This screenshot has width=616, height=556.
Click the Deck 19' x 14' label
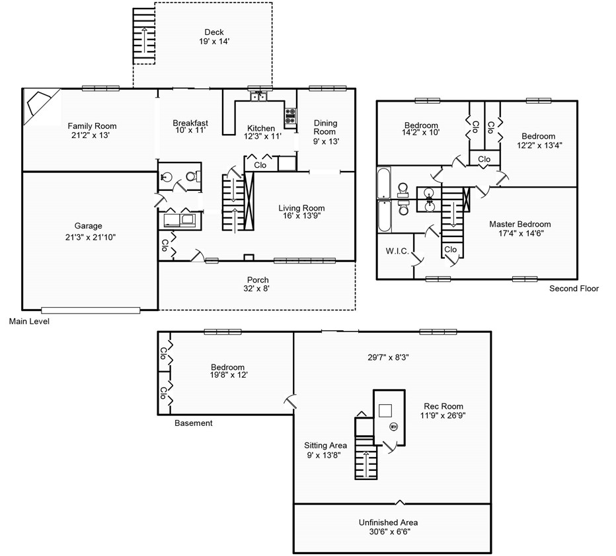pos(214,37)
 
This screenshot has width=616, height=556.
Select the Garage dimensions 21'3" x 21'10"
pos(91,237)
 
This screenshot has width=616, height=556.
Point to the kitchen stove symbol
pos(290,116)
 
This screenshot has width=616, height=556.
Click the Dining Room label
pos(325,127)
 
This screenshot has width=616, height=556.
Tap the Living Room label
pos(301,208)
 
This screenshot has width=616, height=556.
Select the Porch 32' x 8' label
pos(258,285)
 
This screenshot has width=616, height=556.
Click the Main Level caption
pos(29,322)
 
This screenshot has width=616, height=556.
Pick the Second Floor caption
pos(574,289)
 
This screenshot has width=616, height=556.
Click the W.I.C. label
pos(397,251)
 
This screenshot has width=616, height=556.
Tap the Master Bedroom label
pos(520,224)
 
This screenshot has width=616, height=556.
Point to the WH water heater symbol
pos(393,426)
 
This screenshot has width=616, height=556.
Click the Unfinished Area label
pos(388,522)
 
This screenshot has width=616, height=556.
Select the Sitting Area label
pos(325,445)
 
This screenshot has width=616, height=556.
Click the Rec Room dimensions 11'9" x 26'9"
pos(443,415)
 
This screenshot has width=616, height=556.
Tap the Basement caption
pos(193,423)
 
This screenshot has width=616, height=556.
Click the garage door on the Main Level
pos(91,310)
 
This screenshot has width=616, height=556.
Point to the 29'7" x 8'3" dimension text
pos(388,357)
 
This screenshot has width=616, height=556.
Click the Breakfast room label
pos(190,123)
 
